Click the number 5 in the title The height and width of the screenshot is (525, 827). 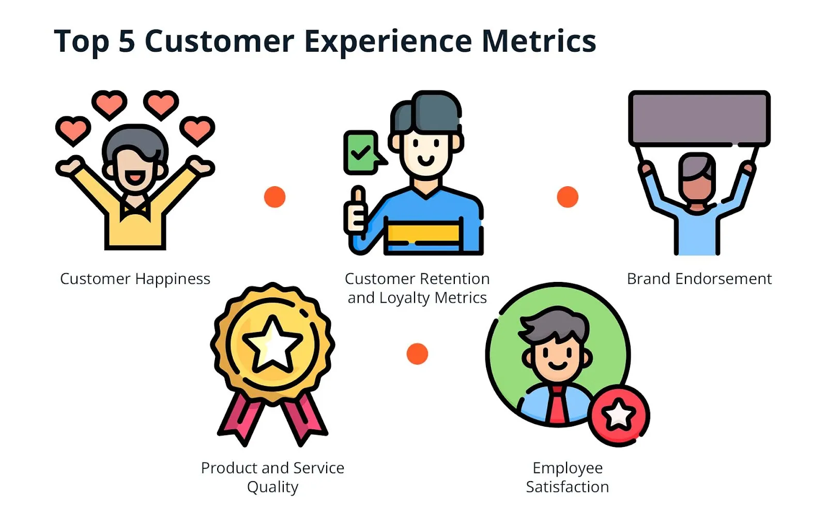[127, 41]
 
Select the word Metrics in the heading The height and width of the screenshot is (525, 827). [539, 41]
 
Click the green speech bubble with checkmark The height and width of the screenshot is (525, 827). [361, 152]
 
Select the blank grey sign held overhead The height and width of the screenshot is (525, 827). [699, 118]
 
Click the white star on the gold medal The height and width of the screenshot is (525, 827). [272, 344]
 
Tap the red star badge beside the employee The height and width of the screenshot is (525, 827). [619, 415]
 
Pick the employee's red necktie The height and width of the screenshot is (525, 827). [557, 406]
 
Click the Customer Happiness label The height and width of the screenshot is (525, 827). [135, 279]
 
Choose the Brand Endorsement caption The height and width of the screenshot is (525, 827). [699, 279]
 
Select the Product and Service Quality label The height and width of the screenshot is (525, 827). [272, 477]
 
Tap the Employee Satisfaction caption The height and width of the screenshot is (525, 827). [567, 477]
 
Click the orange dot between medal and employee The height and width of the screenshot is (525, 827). [417, 354]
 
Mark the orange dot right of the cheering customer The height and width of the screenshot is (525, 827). [274, 197]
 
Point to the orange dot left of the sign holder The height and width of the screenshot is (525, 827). [567, 197]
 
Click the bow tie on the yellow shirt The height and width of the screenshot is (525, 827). [135, 209]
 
